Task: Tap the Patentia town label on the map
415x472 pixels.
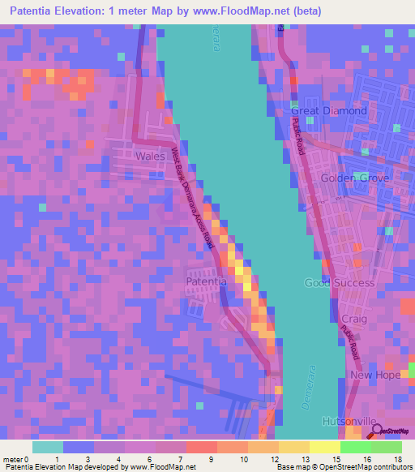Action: pos(207,281)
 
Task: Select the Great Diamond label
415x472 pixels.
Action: pos(329,111)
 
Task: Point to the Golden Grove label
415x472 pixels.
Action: pos(355,178)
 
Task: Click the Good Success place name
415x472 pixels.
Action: pos(339,283)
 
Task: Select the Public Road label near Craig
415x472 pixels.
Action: pos(351,341)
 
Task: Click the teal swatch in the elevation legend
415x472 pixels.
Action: pos(48,447)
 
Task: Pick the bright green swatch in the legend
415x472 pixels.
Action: pos(356,447)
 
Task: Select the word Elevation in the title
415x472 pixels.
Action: pos(85,11)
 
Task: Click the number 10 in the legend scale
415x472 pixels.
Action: pos(243,459)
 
